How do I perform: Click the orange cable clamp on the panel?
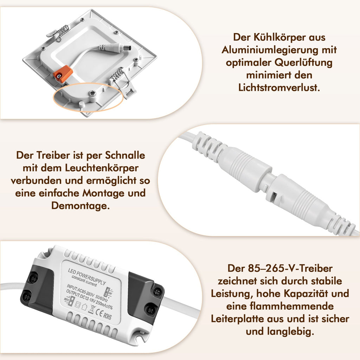(x=63, y=73)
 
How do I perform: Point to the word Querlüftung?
(x=303, y=63)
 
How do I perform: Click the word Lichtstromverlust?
(x=279, y=88)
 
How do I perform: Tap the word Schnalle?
(x=125, y=155)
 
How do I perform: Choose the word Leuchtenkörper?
(x=102, y=168)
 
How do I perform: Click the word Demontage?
(x=81, y=206)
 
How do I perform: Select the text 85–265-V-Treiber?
(x=290, y=268)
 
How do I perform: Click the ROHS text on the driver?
(x=107, y=316)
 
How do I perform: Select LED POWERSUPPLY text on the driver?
(x=87, y=276)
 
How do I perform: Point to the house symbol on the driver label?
(x=84, y=307)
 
